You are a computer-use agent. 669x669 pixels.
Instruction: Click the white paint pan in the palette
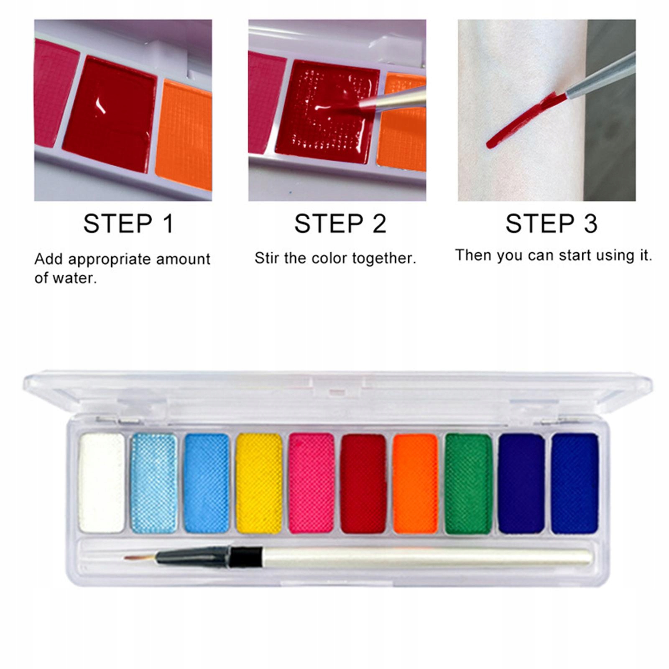click(x=102, y=483)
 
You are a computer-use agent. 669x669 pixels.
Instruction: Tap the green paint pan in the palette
click(x=469, y=484)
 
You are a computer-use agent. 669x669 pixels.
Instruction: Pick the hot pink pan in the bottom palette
click(x=312, y=483)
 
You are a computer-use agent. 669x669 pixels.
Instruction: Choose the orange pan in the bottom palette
click(x=416, y=484)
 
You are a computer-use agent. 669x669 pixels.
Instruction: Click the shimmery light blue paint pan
click(x=154, y=483)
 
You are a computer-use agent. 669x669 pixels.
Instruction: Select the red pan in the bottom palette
click(x=364, y=484)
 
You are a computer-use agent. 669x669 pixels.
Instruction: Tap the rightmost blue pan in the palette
click(x=575, y=484)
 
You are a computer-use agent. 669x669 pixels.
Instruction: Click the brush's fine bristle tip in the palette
click(x=125, y=558)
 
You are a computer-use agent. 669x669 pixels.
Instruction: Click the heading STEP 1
click(x=128, y=224)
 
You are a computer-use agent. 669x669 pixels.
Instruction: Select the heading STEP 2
click(x=340, y=224)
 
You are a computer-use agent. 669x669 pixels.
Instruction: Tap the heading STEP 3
click(x=552, y=224)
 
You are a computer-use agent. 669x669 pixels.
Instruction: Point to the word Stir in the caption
click(x=268, y=258)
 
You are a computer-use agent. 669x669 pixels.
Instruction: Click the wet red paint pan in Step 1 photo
click(x=110, y=114)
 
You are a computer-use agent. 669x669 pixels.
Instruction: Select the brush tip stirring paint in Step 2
click(x=366, y=104)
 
